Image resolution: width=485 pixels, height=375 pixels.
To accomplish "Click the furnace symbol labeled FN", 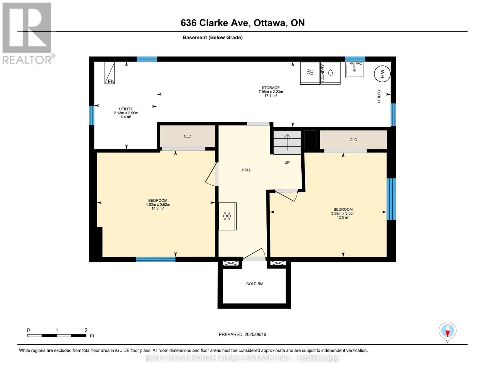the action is click(110, 73).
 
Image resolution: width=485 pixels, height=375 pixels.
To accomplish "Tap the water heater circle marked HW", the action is click(382, 74).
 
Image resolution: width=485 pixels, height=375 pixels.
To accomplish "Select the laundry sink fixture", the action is click(354, 70).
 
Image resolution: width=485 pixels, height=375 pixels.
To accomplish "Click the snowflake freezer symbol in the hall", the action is click(227, 216).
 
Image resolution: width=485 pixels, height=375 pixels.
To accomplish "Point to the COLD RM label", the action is click(255, 284).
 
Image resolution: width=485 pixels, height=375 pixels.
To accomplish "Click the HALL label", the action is click(246, 170).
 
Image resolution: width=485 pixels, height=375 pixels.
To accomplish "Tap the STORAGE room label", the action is click(270, 88).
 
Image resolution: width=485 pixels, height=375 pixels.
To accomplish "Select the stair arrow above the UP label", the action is click(287, 142).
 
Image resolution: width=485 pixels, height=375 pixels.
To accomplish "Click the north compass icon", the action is click(448, 331).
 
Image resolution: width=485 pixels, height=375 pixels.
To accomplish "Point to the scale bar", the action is click(57, 335).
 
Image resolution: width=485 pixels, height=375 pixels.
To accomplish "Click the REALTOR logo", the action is click(28, 33).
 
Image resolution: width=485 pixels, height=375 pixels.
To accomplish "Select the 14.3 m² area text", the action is click(158, 208).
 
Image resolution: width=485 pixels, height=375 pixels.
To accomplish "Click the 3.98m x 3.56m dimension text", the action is click(343, 213).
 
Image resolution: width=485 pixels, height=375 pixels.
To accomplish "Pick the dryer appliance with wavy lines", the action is click(310, 73).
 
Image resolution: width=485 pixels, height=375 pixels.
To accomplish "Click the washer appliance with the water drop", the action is click(330, 73).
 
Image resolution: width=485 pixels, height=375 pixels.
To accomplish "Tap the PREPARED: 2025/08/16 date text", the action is click(242, 334).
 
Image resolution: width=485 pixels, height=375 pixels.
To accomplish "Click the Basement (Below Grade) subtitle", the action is click(213, 37).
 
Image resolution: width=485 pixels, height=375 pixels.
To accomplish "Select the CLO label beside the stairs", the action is click(353, 140).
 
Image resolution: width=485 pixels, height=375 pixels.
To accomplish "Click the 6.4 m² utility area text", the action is click(126, 117).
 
